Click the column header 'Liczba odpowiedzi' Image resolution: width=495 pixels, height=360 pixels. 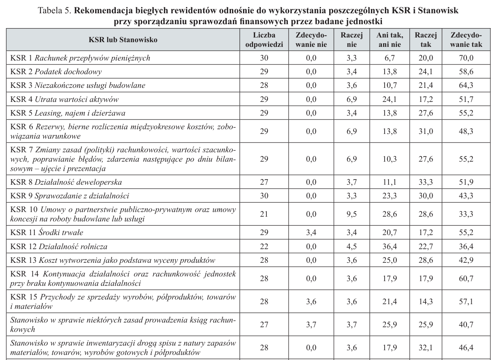point(264,40)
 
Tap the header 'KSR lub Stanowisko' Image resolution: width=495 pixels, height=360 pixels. point(123,40)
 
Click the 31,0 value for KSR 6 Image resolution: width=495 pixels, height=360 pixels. point(426,131)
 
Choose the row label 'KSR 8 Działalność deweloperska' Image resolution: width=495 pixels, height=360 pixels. point(66,182)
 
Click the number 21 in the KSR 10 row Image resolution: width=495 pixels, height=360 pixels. point(264,214)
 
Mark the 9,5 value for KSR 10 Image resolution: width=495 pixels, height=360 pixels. point(352,214)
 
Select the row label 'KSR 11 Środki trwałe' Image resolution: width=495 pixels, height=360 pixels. point(47,233)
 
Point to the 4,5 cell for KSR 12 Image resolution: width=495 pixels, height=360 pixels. point(352,246)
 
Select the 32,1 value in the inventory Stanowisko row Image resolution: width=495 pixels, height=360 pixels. point(426,348)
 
